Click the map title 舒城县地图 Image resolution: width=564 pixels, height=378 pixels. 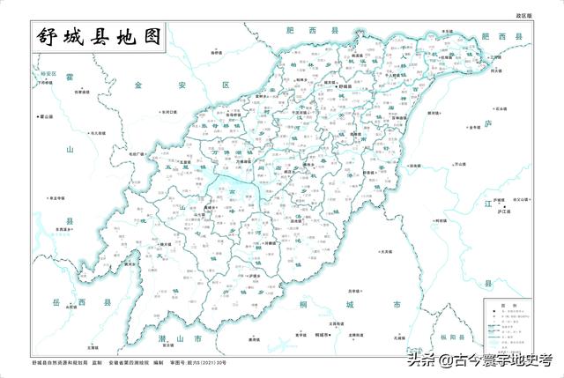[x=100, y=37]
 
